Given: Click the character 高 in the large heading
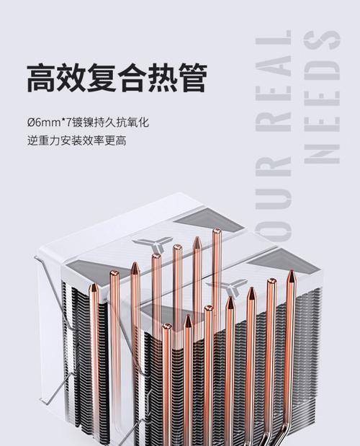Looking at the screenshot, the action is (41, 78).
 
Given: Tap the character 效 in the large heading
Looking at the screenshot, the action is (71, 78).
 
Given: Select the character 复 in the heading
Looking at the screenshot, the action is (102, 78).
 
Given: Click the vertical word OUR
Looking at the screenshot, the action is (274, 200).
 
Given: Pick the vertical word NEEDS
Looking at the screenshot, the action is (322, 97).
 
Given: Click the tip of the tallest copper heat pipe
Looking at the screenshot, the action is (217, 229).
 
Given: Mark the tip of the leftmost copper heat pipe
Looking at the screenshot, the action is (94, 285).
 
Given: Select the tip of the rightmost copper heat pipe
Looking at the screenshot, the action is (291, 272).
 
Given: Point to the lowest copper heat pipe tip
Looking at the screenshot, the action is (166, 326).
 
